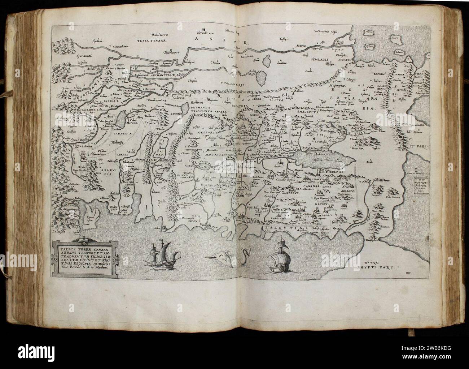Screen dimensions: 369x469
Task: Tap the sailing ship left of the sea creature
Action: [x=157, y=255]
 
